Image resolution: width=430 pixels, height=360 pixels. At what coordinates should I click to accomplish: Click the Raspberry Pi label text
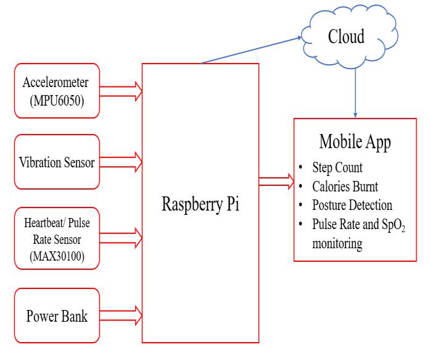(x=200, y=204)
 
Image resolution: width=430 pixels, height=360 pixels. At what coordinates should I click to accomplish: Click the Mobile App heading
(x=354, y=141)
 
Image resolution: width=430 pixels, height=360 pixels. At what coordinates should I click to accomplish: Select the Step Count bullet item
(x=337, y=167)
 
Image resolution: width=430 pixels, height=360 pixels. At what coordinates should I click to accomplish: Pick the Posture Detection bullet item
(x=352, y=204)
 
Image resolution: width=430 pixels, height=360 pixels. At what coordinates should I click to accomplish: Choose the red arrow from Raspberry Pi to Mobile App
(x=276, y=181)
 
